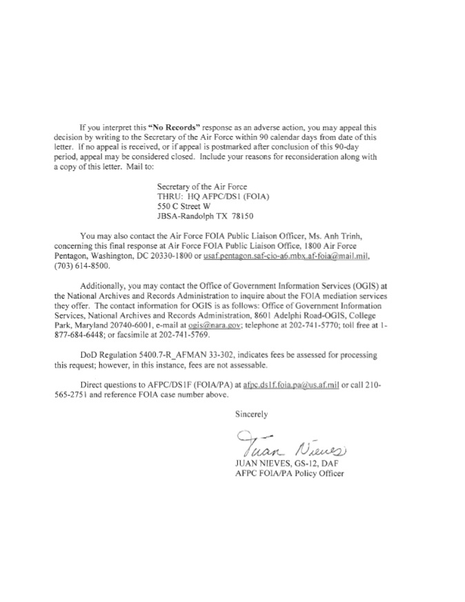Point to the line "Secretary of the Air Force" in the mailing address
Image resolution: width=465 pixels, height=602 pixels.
(201, 186)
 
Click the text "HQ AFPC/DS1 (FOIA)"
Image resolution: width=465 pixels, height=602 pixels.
(225, 196)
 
